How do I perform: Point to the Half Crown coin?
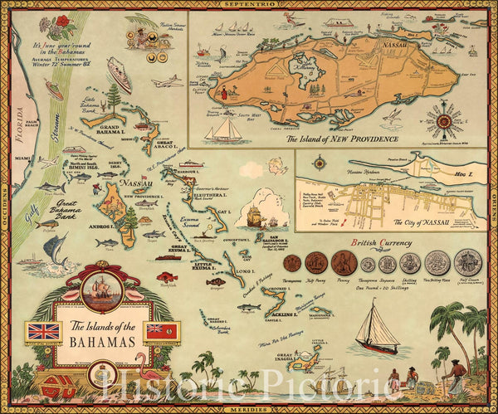[467, 262]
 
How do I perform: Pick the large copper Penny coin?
[344, 263]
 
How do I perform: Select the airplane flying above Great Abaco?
[168, 82]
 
